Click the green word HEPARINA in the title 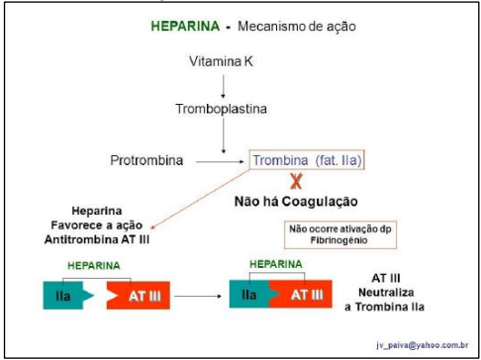pyautogui.click(x=185, y=26)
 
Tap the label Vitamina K pyautogui.click(x=221, y=61)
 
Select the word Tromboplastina pyautogui.click(x=221, y=109)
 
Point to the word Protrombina pyautogui.click(x=146, y=160)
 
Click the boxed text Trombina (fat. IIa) pyautogui.click(x=307, y=160)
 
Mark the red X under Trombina pyautogui.click(x=296, y=181)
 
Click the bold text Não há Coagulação pyautogui.click(x=296, y=202)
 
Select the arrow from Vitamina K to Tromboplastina pyautogui.click(x=224, y=86)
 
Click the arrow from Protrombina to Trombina pyautogui.click(x=220, y=161)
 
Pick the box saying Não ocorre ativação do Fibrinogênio pyautogui.click(x=340, y=234)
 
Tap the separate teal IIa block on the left pyautogui.click(x=68, y=296)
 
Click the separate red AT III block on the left pyautogui.click(x=139, y=296)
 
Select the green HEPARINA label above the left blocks pyautogui.click(x=94, y=266)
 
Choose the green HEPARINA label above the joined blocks pyautogui.click(x=276, y=264)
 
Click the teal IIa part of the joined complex pyautogui.click(x=249, y=294)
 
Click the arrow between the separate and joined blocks pyautogui.click(x=198, y=296)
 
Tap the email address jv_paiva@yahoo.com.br pyautogui.click(x=423, y=345)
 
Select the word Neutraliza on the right pyautogui.click(x=386, y=293)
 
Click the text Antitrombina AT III pyautogui.click(x=97, y=239)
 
